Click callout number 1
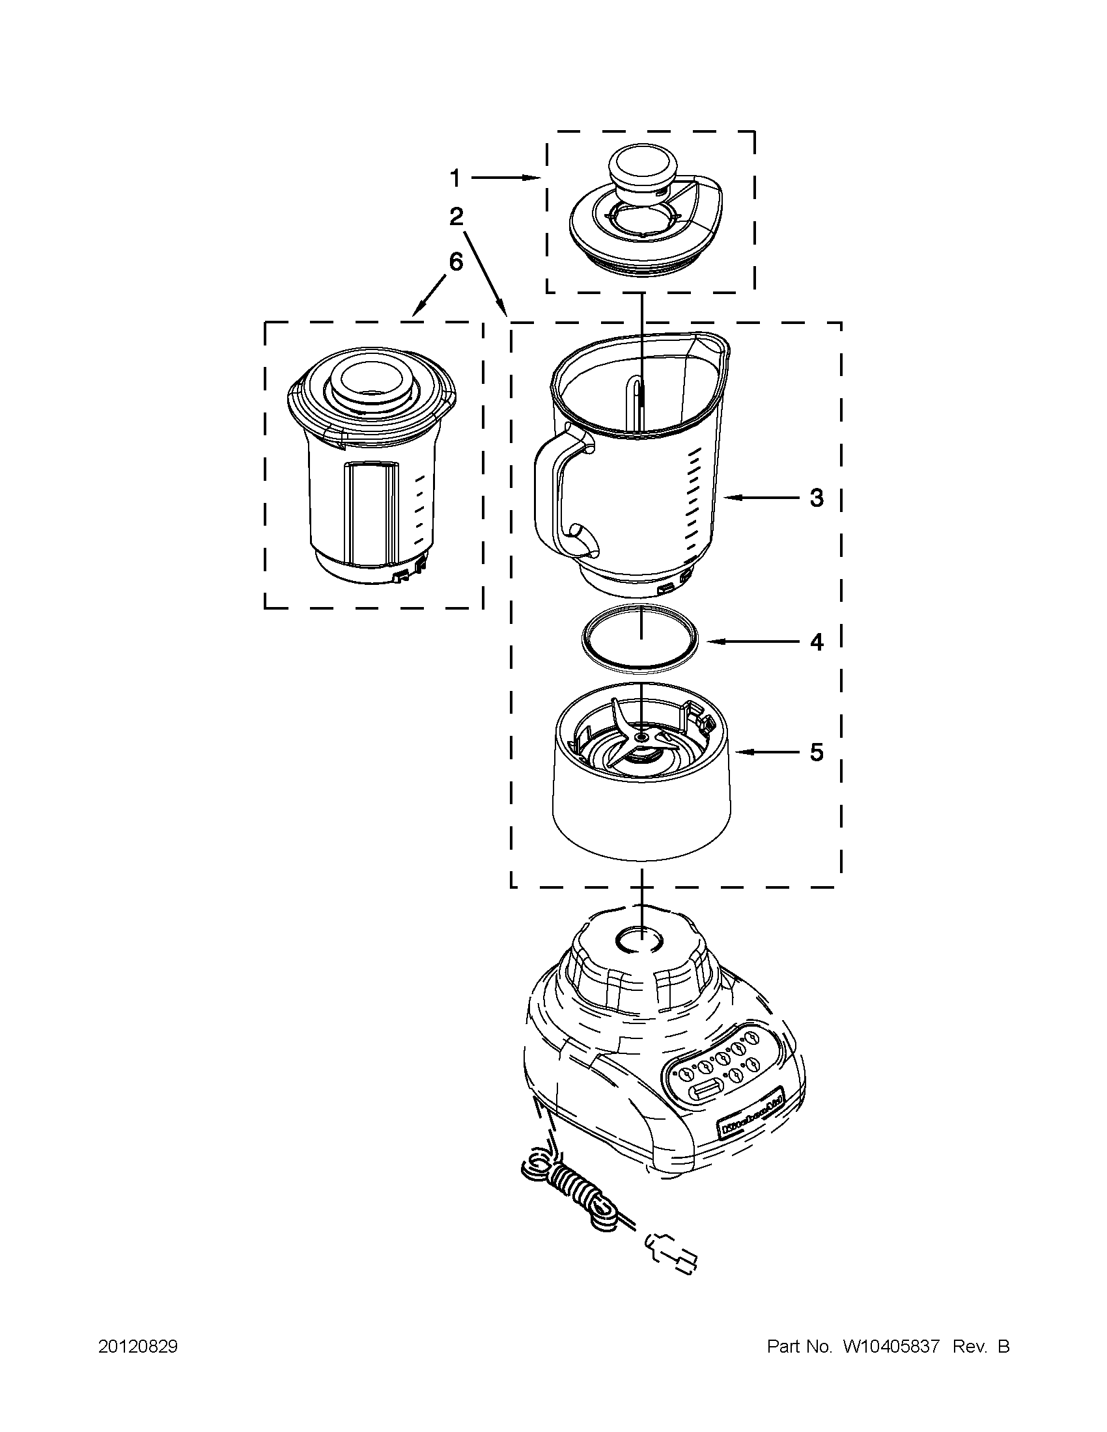pos(455,178)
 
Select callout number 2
pos(456,217)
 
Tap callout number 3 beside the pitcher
pos(816,498)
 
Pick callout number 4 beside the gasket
pos(816,642)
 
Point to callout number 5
pos(816,753)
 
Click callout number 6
pos(455,262)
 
